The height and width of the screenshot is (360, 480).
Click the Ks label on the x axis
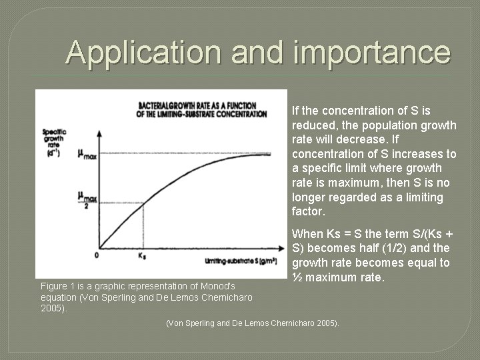click(142, 255)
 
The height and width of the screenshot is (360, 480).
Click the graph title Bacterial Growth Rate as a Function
click(202, 106)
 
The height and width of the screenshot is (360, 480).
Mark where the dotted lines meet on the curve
click(142, 203)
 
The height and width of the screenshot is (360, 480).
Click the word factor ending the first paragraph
click(307, 212)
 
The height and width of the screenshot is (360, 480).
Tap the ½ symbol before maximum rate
click(297, 277)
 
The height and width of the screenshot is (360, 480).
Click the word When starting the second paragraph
click(307, 233)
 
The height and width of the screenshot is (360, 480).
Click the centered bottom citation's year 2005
click(327, 323)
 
